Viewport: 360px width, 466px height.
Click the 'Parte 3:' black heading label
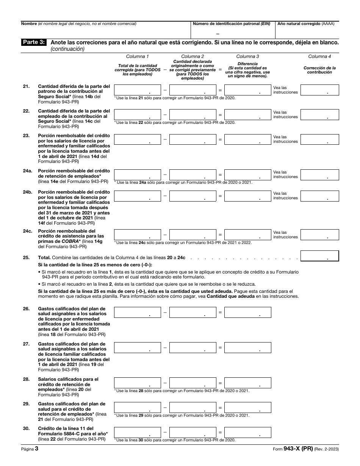34,42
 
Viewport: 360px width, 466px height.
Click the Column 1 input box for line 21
137,90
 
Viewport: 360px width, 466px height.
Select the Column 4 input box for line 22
319,114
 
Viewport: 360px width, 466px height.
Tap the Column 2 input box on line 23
193,139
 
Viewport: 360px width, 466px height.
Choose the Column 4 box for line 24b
319,195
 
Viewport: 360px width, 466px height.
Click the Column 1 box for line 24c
137,235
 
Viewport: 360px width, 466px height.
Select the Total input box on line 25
319,256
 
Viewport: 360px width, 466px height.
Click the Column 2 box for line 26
193,312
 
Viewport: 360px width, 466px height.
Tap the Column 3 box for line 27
248,347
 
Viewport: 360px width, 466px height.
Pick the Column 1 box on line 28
137,383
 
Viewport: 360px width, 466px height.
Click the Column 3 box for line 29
248,407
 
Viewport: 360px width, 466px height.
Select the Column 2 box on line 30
193,432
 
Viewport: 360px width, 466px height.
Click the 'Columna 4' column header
319,56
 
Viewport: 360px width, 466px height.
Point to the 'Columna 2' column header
193,56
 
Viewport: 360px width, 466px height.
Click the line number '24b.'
27,192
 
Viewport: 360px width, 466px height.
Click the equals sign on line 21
220,90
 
